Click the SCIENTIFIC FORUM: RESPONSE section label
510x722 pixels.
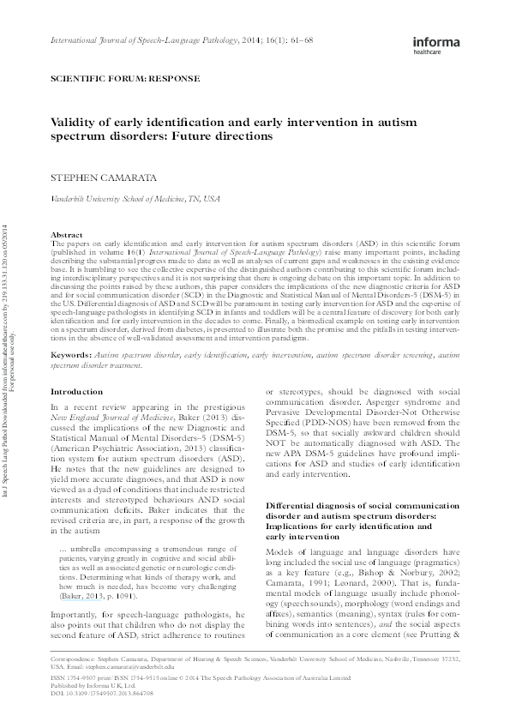click(x=125, y=78)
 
